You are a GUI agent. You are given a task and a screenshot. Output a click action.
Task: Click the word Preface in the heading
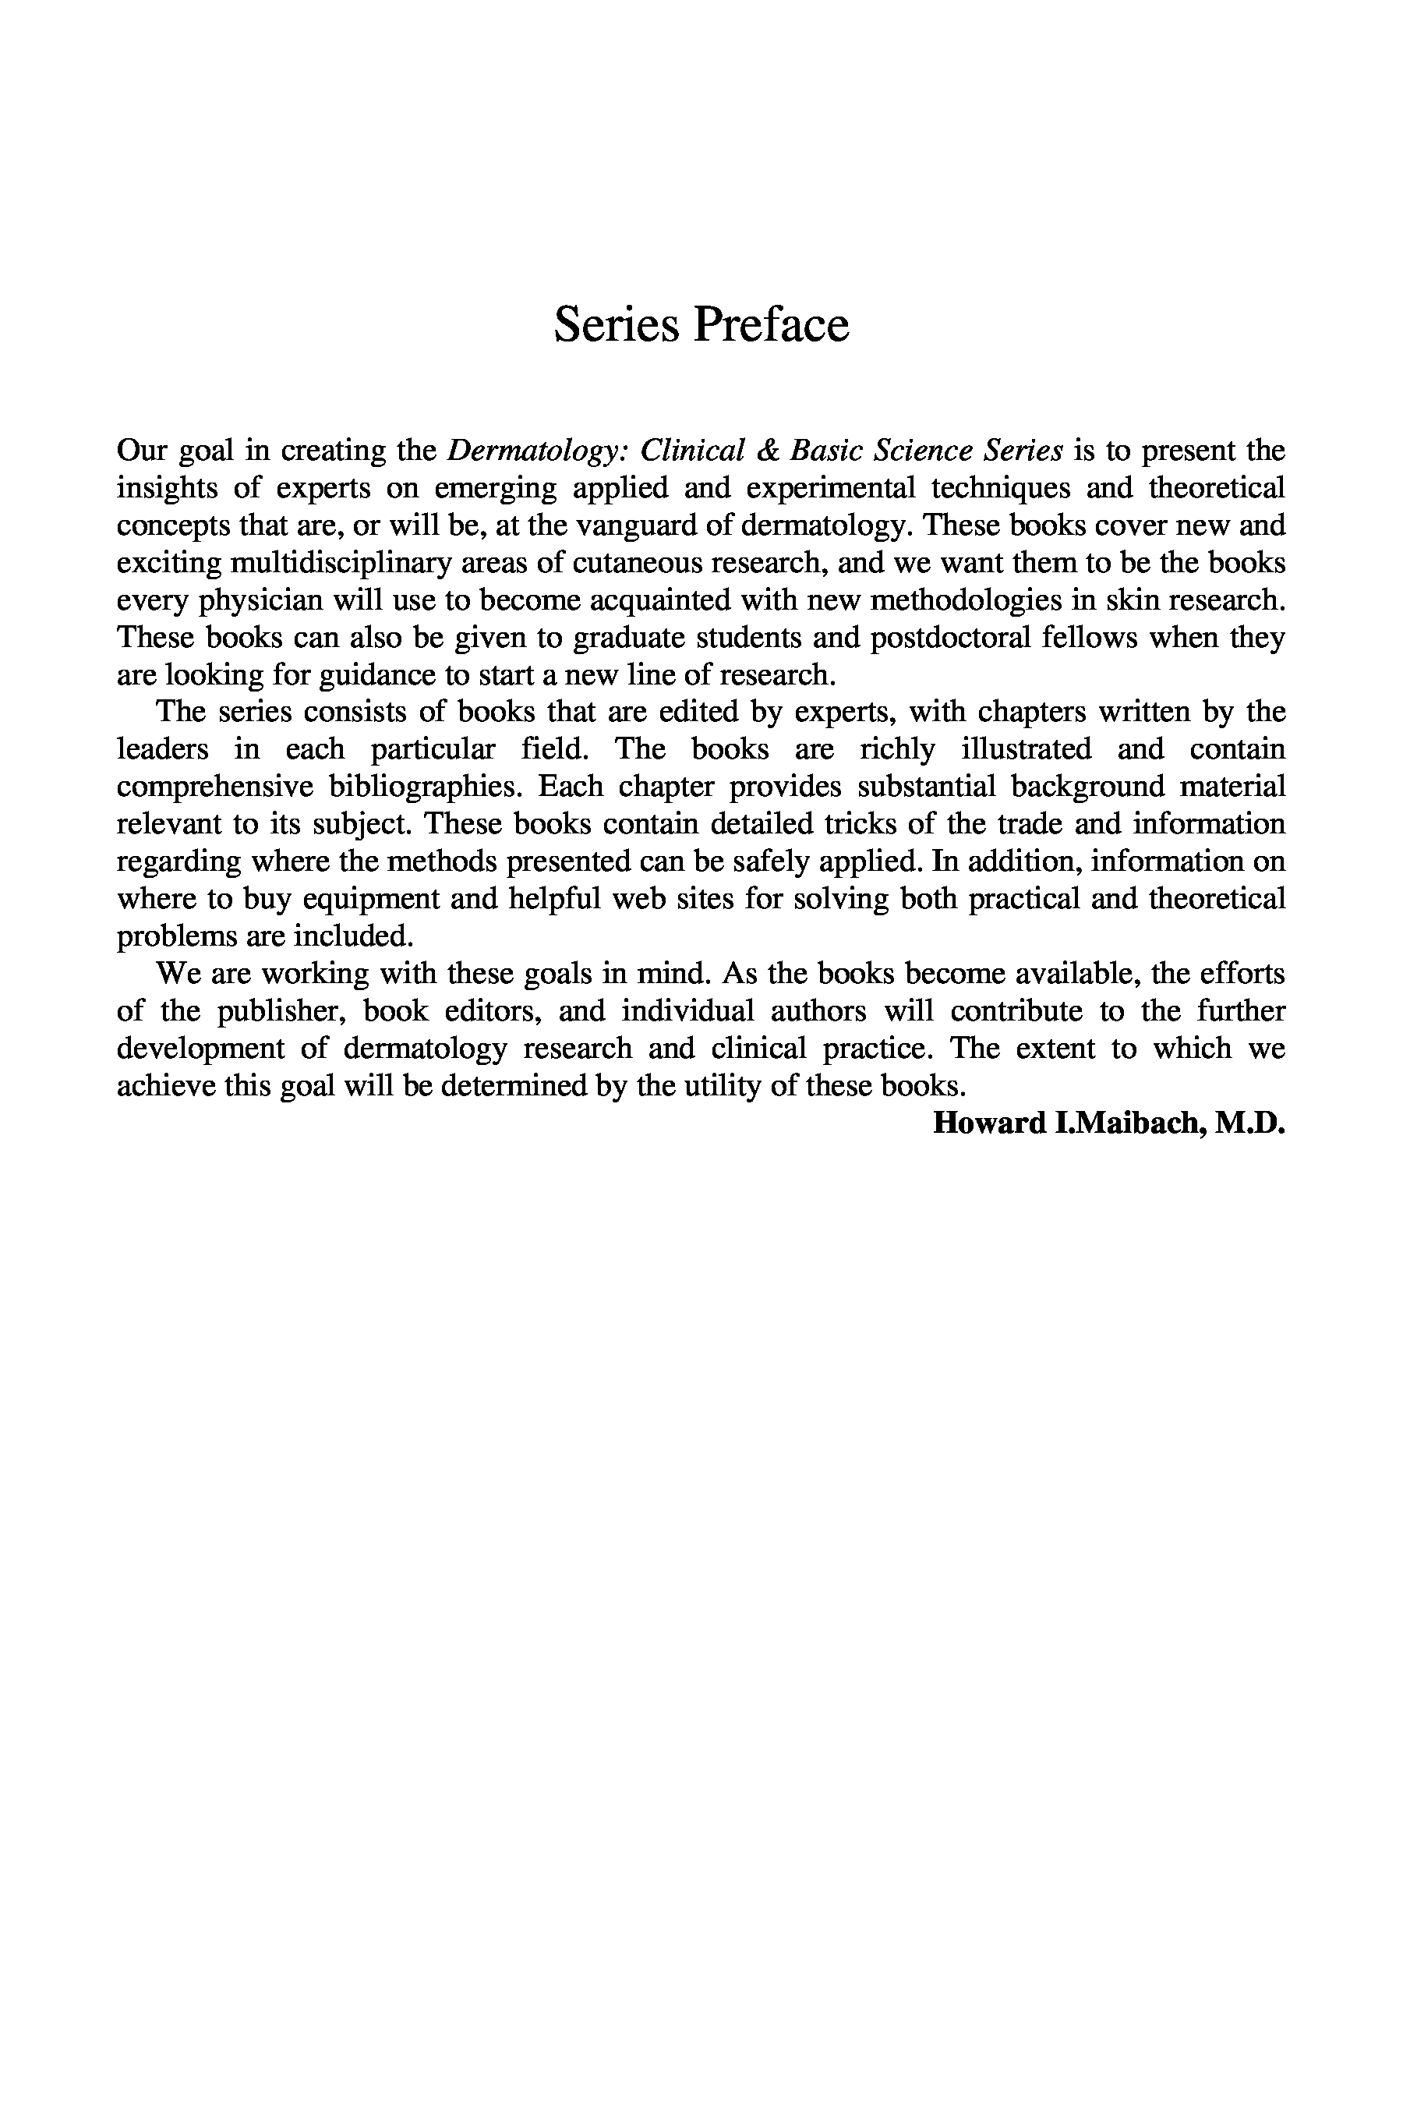click(772, 324)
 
